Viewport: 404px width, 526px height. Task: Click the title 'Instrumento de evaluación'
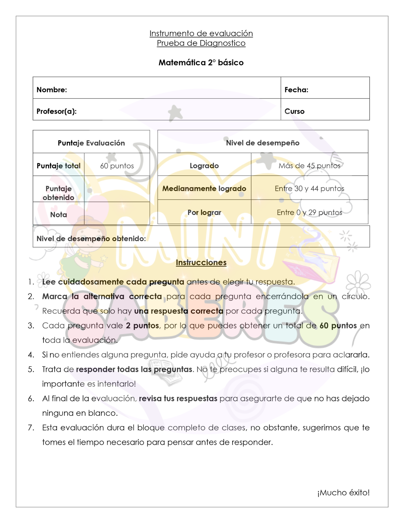point(201,33)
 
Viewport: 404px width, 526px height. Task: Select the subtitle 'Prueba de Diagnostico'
point(201,43)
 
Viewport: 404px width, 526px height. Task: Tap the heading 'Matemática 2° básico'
point(201,63)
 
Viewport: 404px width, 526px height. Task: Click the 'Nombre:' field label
point(52,90)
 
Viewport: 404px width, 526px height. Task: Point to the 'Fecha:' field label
point(296,90)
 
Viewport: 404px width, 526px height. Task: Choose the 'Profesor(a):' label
point(57,111)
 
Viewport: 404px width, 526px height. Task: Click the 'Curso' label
point(294,111)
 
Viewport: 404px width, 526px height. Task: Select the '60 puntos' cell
point(117,166)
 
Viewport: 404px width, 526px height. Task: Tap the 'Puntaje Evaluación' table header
point(91,143)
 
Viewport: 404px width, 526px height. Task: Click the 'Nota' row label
point(59,215)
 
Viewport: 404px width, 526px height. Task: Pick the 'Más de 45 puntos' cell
point(309,166)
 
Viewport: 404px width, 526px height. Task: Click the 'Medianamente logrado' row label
point(204,189)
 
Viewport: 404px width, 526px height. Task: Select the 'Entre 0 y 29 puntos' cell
point(309,212)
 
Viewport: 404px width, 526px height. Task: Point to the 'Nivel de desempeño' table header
point(263,143)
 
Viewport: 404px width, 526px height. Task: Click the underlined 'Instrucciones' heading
point(201,262)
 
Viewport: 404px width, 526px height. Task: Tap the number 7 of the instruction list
point(31,428)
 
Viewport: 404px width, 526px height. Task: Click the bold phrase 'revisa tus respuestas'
point(178,399)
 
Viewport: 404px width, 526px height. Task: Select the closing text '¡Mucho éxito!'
point(343,493)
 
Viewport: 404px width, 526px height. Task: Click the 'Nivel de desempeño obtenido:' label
point(91,239)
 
